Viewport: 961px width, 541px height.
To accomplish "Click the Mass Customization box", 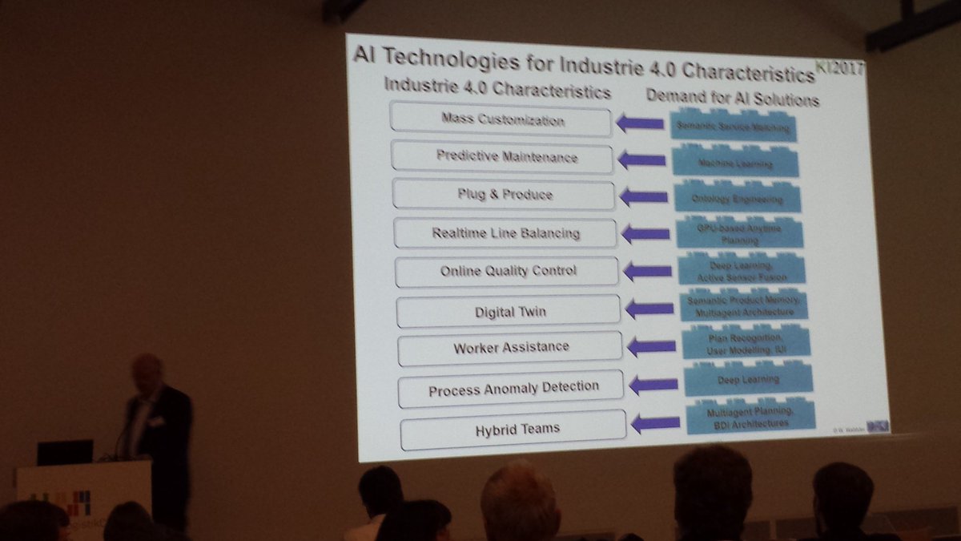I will coord(501,120).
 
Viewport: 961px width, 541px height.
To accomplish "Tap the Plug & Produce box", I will coord(504,195).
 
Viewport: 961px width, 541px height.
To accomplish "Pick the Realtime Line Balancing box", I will coord(505,233).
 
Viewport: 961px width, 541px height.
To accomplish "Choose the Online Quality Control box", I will coord(507,271).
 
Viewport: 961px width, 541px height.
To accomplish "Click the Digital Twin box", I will coord(509,310).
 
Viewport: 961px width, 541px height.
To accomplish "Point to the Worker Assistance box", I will coord(510,347).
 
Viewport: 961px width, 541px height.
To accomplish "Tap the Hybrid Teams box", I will coord(513,429).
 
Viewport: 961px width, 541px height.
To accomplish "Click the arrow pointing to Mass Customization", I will coord(640,123).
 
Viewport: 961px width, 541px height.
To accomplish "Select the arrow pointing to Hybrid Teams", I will coord(655,422).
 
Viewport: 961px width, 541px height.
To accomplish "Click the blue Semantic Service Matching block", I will coord(733,127).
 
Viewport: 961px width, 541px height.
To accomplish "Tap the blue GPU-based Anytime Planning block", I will coord(739,232).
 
